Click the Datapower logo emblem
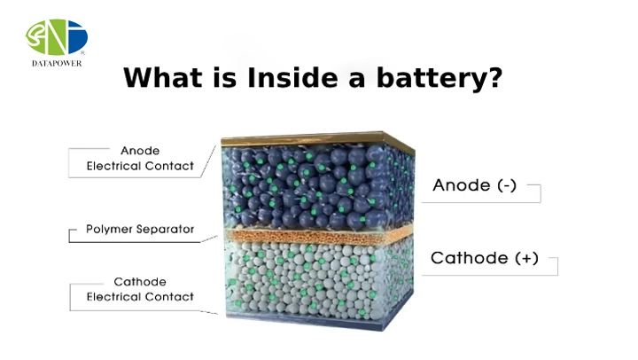56,37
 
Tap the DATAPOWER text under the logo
57,64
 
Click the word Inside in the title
292,77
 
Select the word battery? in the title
440,78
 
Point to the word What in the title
163,77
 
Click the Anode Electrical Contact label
140,159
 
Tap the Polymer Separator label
140,230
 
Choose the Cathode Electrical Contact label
140,289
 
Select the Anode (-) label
474,185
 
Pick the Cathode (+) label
485,258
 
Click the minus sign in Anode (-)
507,186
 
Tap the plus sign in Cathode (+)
526,259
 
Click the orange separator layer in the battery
319,236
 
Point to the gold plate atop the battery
317,140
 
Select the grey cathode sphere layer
319,280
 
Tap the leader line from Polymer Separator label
209,239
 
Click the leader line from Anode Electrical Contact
208,161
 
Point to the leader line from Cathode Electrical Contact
209,313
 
